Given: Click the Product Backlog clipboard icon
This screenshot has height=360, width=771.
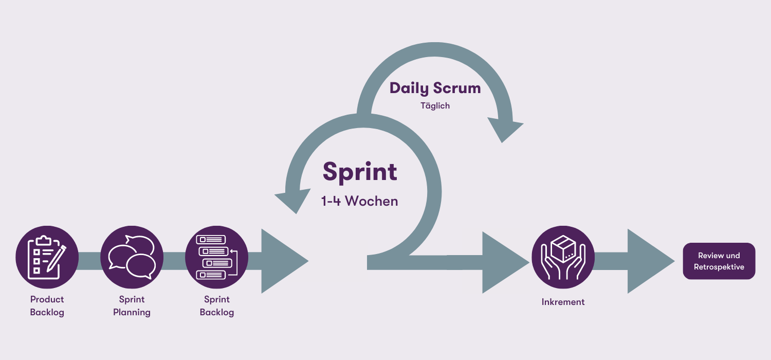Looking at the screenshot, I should (x=47, y=257).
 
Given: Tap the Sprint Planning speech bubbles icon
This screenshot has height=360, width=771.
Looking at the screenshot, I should (x=132, y=257).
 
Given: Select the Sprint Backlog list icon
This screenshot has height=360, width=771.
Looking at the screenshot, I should (x=216, y=257).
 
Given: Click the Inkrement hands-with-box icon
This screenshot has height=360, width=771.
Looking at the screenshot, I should (x=563, y=257).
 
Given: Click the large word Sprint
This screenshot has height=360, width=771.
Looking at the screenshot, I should (x=360, y=172).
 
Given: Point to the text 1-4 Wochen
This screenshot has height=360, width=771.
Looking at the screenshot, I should (x=360, y=201).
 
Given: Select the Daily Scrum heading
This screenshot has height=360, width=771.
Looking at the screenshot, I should (x=435, y=88).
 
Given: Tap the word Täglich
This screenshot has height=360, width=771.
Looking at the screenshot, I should (x=435, y=106).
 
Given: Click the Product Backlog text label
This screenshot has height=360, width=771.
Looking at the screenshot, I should (x=47, y=305).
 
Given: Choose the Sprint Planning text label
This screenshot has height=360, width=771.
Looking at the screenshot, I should (x=132, y=305).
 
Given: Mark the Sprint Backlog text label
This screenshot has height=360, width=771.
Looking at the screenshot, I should (x=216, y=305).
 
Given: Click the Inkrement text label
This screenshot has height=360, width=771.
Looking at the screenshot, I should (x=563, y=302).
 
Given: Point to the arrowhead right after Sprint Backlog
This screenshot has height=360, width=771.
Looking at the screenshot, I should (x=283, y=261).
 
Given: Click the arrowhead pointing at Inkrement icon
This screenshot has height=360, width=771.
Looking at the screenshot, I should (x=504, y=262).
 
